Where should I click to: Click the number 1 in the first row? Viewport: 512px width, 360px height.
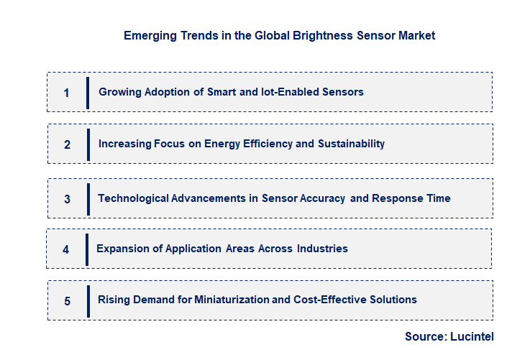(66, 93)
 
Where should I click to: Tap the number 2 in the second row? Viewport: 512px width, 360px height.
(67, 144)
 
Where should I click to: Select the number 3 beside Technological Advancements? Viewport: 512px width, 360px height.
(67, 199)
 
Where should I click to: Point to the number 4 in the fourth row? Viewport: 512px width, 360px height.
(65, 249)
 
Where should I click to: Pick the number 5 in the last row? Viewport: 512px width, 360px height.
(67, 301)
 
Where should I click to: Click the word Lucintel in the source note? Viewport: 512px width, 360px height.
(472, 336)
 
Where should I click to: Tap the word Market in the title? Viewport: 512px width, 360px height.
(415, 35)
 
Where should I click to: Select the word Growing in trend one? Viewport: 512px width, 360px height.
(119, 92)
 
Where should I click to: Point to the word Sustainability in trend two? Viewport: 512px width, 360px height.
(351, 144)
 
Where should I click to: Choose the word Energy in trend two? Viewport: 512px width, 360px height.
(222, 144)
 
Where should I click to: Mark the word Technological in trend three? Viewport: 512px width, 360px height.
(132, 198)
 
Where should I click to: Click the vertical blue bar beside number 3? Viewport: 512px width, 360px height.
(88, 199)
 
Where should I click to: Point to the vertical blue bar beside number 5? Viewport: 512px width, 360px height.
(88, 301)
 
